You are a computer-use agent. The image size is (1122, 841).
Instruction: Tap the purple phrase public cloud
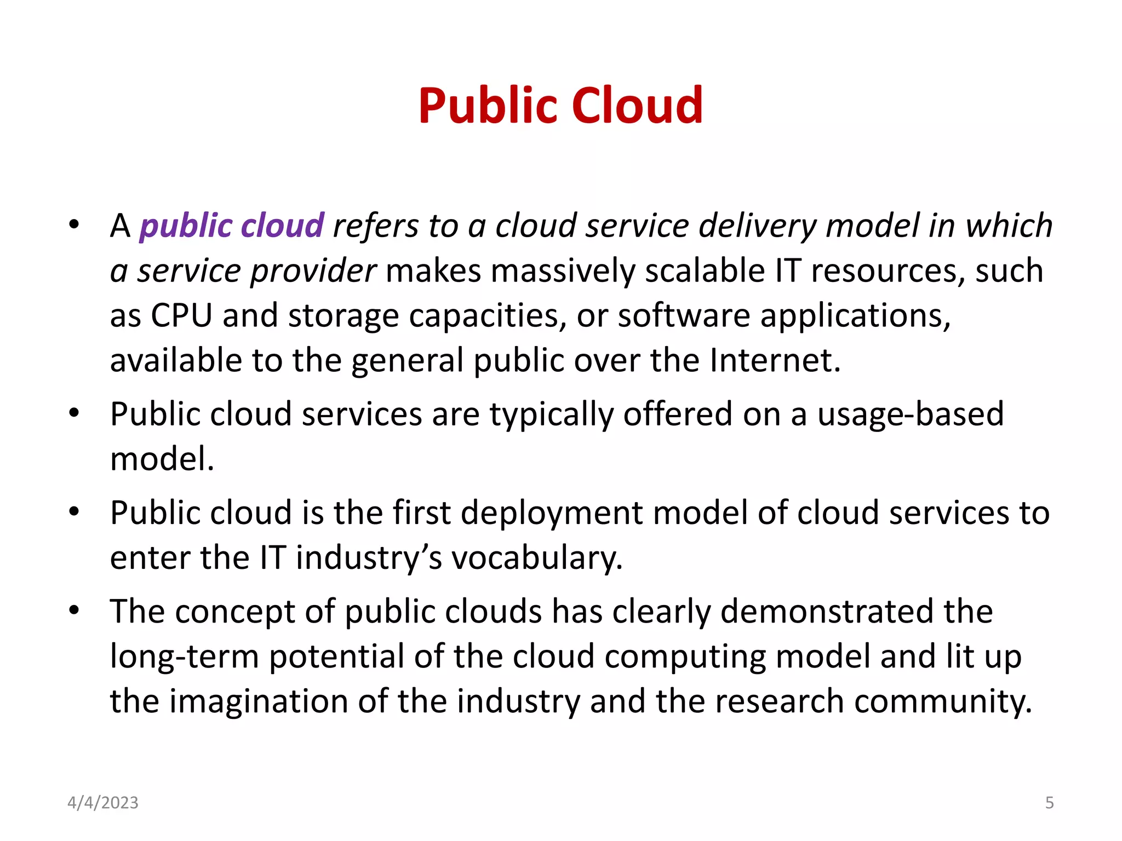[232, 226]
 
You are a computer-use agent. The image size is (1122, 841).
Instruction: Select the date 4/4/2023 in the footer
[103, 803]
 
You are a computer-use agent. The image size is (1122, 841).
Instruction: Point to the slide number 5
[1049, 803]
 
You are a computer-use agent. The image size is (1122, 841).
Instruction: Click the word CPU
[181, 316]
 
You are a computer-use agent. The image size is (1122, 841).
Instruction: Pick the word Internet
[775, 360]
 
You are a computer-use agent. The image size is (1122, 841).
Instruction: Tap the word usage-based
[911, 414]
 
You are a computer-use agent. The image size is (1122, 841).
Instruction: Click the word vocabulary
[537, 558]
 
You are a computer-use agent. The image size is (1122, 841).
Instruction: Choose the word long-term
[185, 656]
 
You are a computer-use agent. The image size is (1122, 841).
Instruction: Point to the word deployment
[552, 513]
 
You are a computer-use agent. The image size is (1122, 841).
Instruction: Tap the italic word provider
[313, 271]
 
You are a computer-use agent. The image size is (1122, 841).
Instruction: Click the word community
[942, 701]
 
